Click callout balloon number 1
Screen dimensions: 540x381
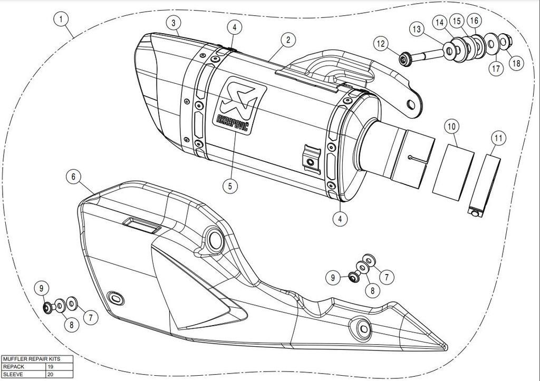pos(61,19)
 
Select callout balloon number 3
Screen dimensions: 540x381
pos(173,23)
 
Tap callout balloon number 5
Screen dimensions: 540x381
pos(230,186)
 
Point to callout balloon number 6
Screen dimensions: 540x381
pos(73,177)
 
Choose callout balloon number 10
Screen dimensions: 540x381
pos(451,126)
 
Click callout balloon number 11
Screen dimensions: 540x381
pos(498,139)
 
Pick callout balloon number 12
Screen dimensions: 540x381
pos(381,44)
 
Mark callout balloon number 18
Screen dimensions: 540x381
pos(516,63)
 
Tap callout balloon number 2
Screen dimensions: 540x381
pos(288,40)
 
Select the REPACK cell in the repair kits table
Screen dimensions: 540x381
pos(24,367)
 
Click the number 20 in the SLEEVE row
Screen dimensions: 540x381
pos(50,374)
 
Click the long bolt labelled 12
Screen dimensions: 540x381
pos(422,55)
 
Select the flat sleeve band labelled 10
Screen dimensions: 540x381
pos(454,172)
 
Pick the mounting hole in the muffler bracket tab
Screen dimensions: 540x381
pos(411,104)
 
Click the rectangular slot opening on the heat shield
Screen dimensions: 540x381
pos(141,224)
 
